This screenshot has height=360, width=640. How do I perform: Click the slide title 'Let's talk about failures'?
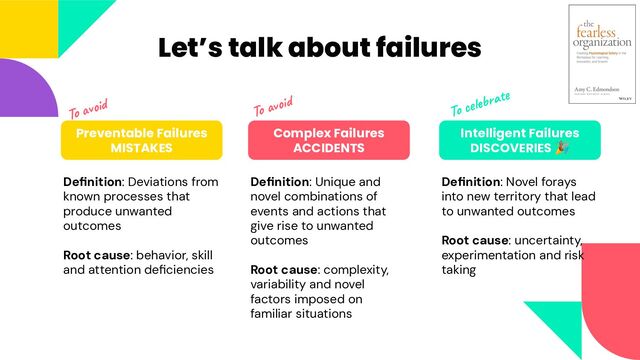pos(319,47)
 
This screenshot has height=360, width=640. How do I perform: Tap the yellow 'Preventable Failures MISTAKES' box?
pos(140,140)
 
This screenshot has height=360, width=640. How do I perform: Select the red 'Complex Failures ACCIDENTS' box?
pos(329,140)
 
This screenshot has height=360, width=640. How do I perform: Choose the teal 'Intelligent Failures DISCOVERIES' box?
pos(519,140)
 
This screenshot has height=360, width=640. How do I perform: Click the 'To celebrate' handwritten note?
pos(480,102)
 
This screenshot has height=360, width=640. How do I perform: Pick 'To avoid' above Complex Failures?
pos(273,104)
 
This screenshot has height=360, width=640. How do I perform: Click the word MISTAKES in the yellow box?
pos(141,148)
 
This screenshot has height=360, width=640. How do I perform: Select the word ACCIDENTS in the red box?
pos(329,148)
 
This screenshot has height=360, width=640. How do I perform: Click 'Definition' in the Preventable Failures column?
pos(93,182)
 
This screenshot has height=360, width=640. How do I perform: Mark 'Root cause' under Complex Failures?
pos(282,269)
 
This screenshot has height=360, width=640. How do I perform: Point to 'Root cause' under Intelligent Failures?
pos(475,240)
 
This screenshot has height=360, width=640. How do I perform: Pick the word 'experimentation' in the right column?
pos(494,255)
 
